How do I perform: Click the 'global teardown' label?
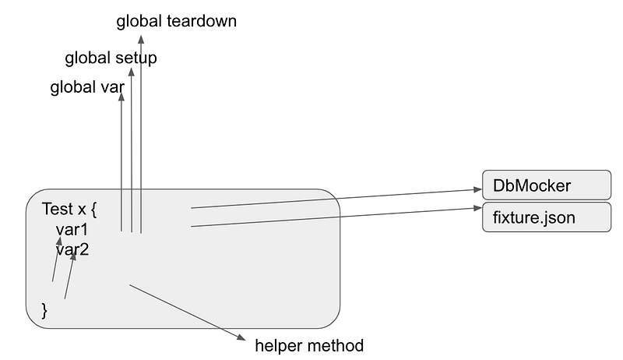(x=177, y=22)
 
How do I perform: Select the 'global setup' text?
(x=111, y=58)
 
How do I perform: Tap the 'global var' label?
(x=87, y=87)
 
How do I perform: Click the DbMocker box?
(x=547, y=185)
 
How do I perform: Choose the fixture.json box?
(x=547, y=217)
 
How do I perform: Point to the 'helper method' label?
(x=309, y=346)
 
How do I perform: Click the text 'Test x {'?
(x=69, y=210)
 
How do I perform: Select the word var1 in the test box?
(x=72, y=230)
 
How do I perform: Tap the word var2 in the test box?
(x=72, y=250)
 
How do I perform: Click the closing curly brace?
(x=44, y=310)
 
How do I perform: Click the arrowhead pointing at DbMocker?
(x=477, y=189)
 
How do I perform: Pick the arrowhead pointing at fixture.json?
(x=477, y=208)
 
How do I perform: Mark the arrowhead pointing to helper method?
(x=241, y=337)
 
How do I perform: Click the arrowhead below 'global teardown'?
(x=141, y=39)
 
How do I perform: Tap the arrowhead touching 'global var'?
(x=121, y=97)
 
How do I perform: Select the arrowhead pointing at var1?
(x=59, y=241)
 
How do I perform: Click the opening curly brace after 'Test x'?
(x=93, y=210)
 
